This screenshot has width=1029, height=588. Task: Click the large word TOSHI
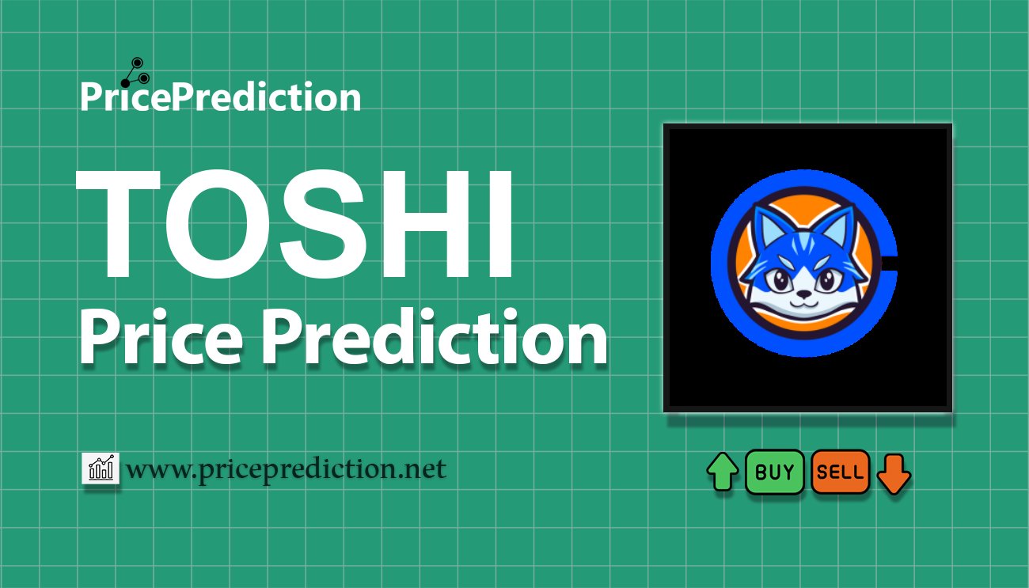pyautogui.click(x=294, y=224)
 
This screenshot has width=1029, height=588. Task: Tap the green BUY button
pyautogui.click(x=774, y=472)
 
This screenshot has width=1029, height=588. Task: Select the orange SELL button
pyautogui.click(x=840, y=472)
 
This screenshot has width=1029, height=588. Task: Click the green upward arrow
pyautogui.click(x=723, y=471)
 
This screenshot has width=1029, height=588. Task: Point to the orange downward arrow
pyautogui.click(x=894, y=474)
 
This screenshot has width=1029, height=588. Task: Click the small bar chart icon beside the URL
pyautogui.click(x=101, y=468)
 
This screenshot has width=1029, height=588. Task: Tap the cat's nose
pyautogui.click(x=804, y=293)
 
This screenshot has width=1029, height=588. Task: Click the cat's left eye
pyautogui.click(x=780, y=280)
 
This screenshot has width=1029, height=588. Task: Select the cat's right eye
pyautogui.click(x=827, y=280)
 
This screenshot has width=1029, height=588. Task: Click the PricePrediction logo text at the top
pyautogui.click(x=221, y=96)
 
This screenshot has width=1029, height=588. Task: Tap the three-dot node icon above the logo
pyautogui.click(x=135, y=72)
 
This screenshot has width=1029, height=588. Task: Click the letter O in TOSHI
pyautogui.click(x=211, y=224)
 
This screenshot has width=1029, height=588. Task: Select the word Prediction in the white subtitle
pyautogui.click(x=435, y=336)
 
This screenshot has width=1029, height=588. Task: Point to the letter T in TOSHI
pyautogui.click(x=119, y=224)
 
